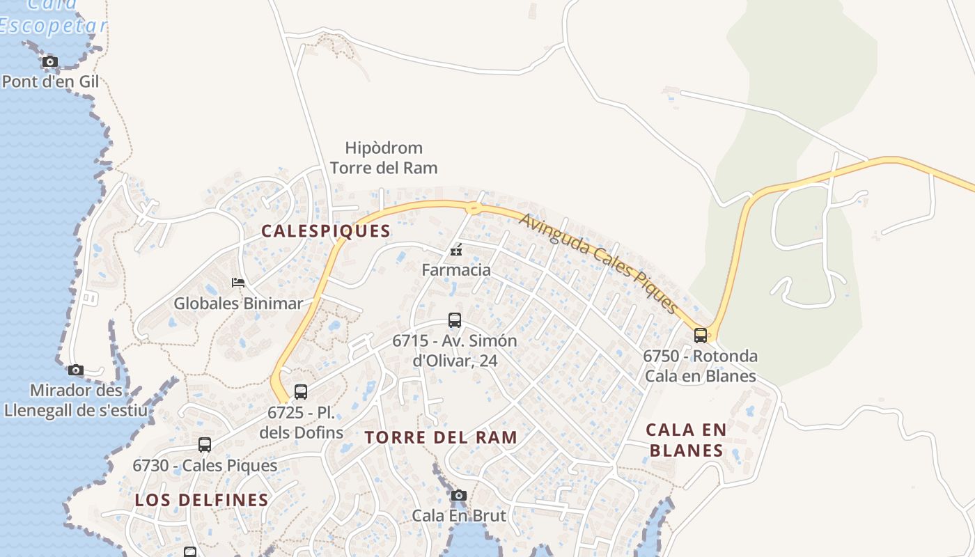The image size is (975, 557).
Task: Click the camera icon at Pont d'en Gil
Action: point(49,62)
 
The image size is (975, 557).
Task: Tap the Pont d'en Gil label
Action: point(50,81)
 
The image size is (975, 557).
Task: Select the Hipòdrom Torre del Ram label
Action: point(384,157)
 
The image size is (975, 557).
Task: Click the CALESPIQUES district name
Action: point(326,231)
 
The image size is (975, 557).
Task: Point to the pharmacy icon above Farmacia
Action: point(456,250)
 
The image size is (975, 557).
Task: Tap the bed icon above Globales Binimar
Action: point(238,283)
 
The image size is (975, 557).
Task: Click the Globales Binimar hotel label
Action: point(238,304)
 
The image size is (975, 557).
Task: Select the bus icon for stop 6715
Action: point(455,320)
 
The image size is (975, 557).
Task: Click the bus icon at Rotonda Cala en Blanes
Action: point(701,336)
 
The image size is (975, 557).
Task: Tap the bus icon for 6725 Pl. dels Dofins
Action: point(301,392)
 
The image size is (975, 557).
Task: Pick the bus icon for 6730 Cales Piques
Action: point(205,445)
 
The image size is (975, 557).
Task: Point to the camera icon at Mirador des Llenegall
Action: point(76,370)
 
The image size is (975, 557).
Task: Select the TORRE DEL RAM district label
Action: point(442,437)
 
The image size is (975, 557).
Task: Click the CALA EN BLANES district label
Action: point(687,439)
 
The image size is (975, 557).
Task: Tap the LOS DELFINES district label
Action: point(202,500)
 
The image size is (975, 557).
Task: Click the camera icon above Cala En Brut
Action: point(458,496)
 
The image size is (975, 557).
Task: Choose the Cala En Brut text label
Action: point(459,516)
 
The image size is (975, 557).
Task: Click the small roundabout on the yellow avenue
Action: point(474,207)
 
